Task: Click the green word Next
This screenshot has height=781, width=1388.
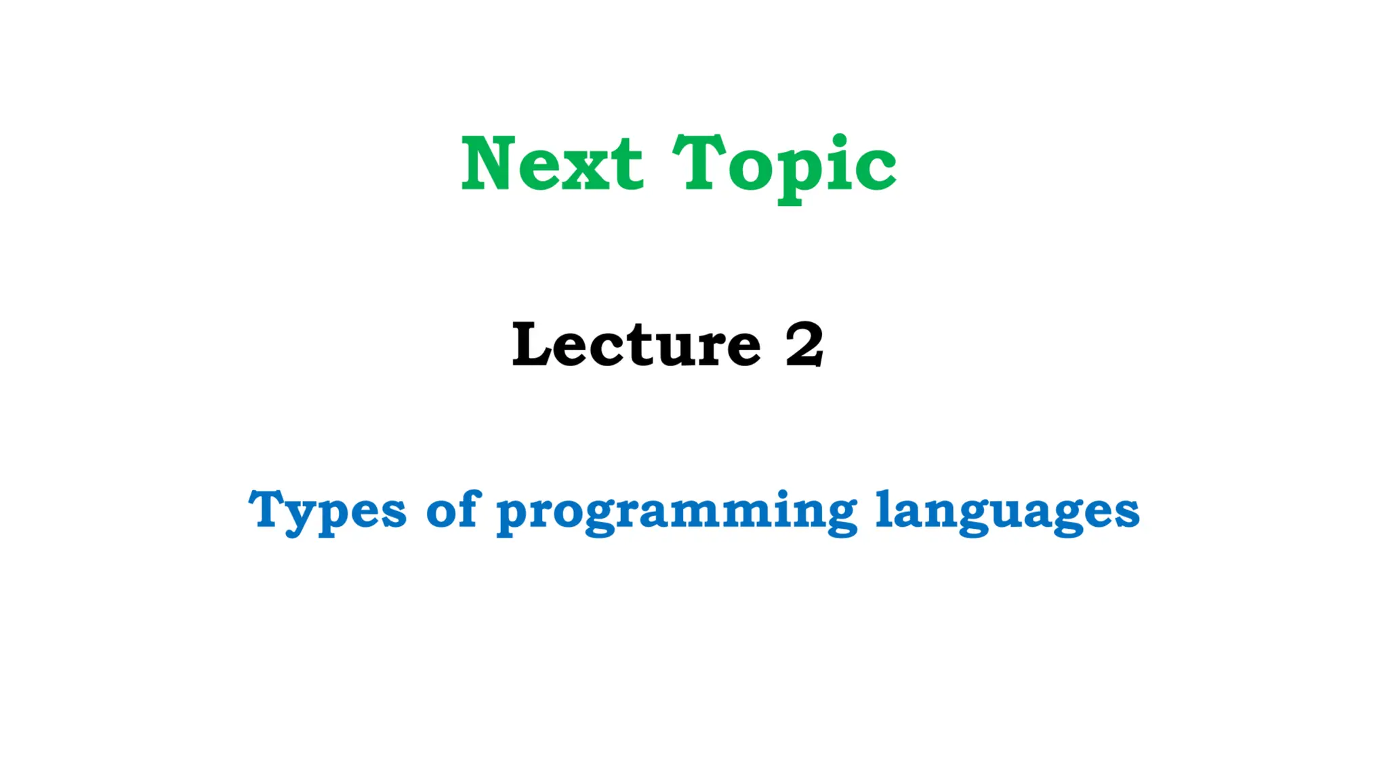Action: pyautogui.click(x=552, y=163)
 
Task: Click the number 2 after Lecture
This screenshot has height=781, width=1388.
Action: pyautogui.click(x=804, y=344)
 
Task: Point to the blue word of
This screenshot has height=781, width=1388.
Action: pyautogui.click(x=453, y=509)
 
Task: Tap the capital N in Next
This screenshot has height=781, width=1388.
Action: pyautogui.click(x=485, y=163)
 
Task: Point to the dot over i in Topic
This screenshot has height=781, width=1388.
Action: pyautogui.click(x=839, y=140)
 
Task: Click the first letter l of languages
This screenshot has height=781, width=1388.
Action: pyautogui.click(x=884, y=508)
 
